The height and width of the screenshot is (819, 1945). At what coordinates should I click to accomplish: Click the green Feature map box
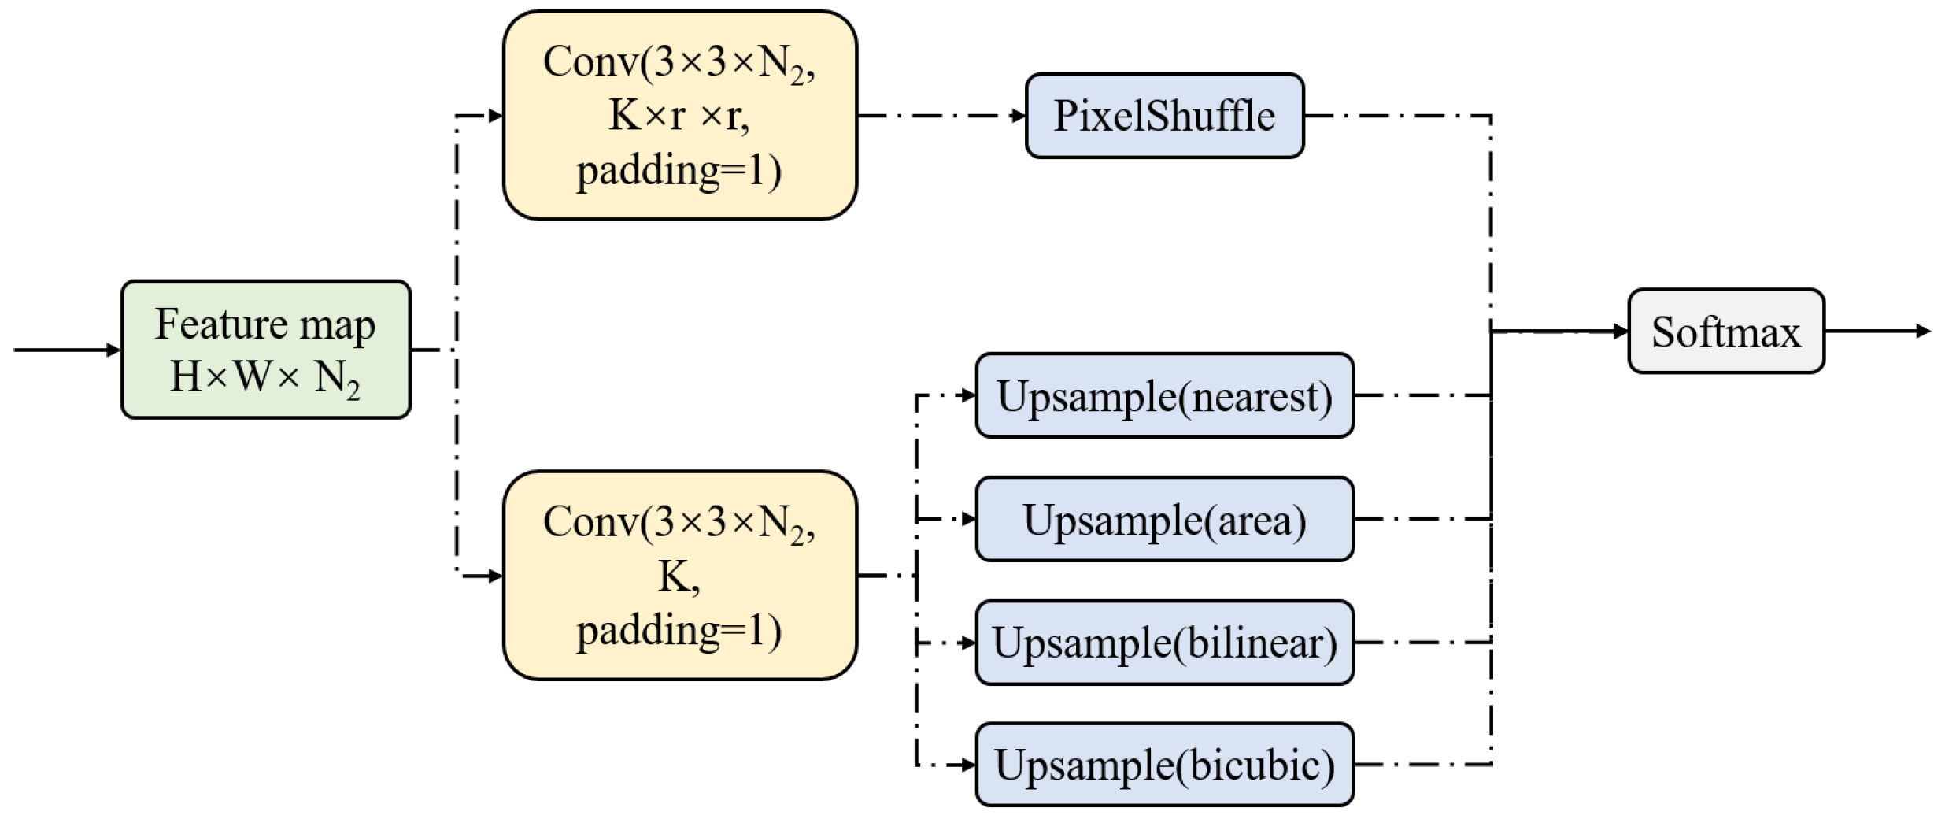coord(265,349)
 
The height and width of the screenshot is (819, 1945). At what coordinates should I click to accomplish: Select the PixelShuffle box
coord(1163,116)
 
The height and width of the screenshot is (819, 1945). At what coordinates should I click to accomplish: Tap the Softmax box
coord(1725,331)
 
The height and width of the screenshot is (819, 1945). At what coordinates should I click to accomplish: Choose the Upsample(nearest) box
coord(1163,395)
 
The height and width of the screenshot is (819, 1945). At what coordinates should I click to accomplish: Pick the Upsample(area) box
coord(1163,519)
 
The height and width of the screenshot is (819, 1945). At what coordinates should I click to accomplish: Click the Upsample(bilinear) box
coord(1163,643)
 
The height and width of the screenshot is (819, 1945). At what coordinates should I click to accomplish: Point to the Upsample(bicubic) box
coord(1163,765)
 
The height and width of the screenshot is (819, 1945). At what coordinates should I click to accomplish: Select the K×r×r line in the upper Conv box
coord(679,116)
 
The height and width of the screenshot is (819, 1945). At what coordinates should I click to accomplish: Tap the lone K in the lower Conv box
coord(674,576)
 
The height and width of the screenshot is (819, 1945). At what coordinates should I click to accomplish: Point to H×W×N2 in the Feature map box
coord(265,376)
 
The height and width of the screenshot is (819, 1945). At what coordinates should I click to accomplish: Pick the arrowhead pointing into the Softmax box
coord(1620,332)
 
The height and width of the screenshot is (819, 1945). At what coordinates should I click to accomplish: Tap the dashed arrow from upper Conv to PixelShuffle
coord(941,116)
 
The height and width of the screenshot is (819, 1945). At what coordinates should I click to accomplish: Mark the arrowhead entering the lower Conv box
coord(495,576)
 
